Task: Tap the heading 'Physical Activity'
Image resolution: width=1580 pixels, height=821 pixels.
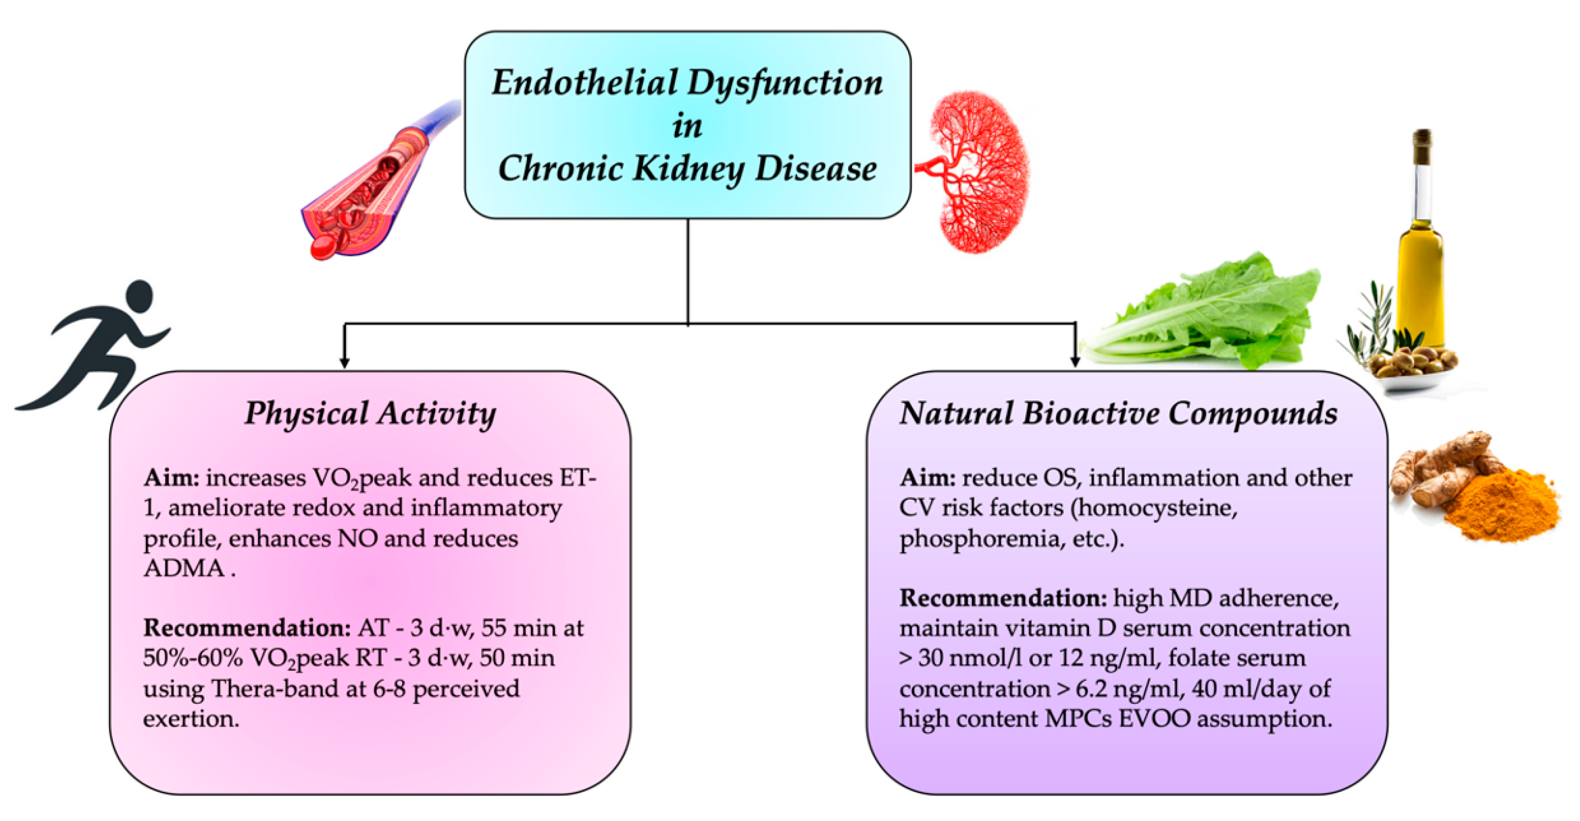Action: coord(370,413)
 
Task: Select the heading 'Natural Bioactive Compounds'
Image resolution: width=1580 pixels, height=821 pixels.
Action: coord(1118,413)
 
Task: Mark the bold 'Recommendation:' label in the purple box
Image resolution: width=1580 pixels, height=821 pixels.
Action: coord(1003,598)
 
